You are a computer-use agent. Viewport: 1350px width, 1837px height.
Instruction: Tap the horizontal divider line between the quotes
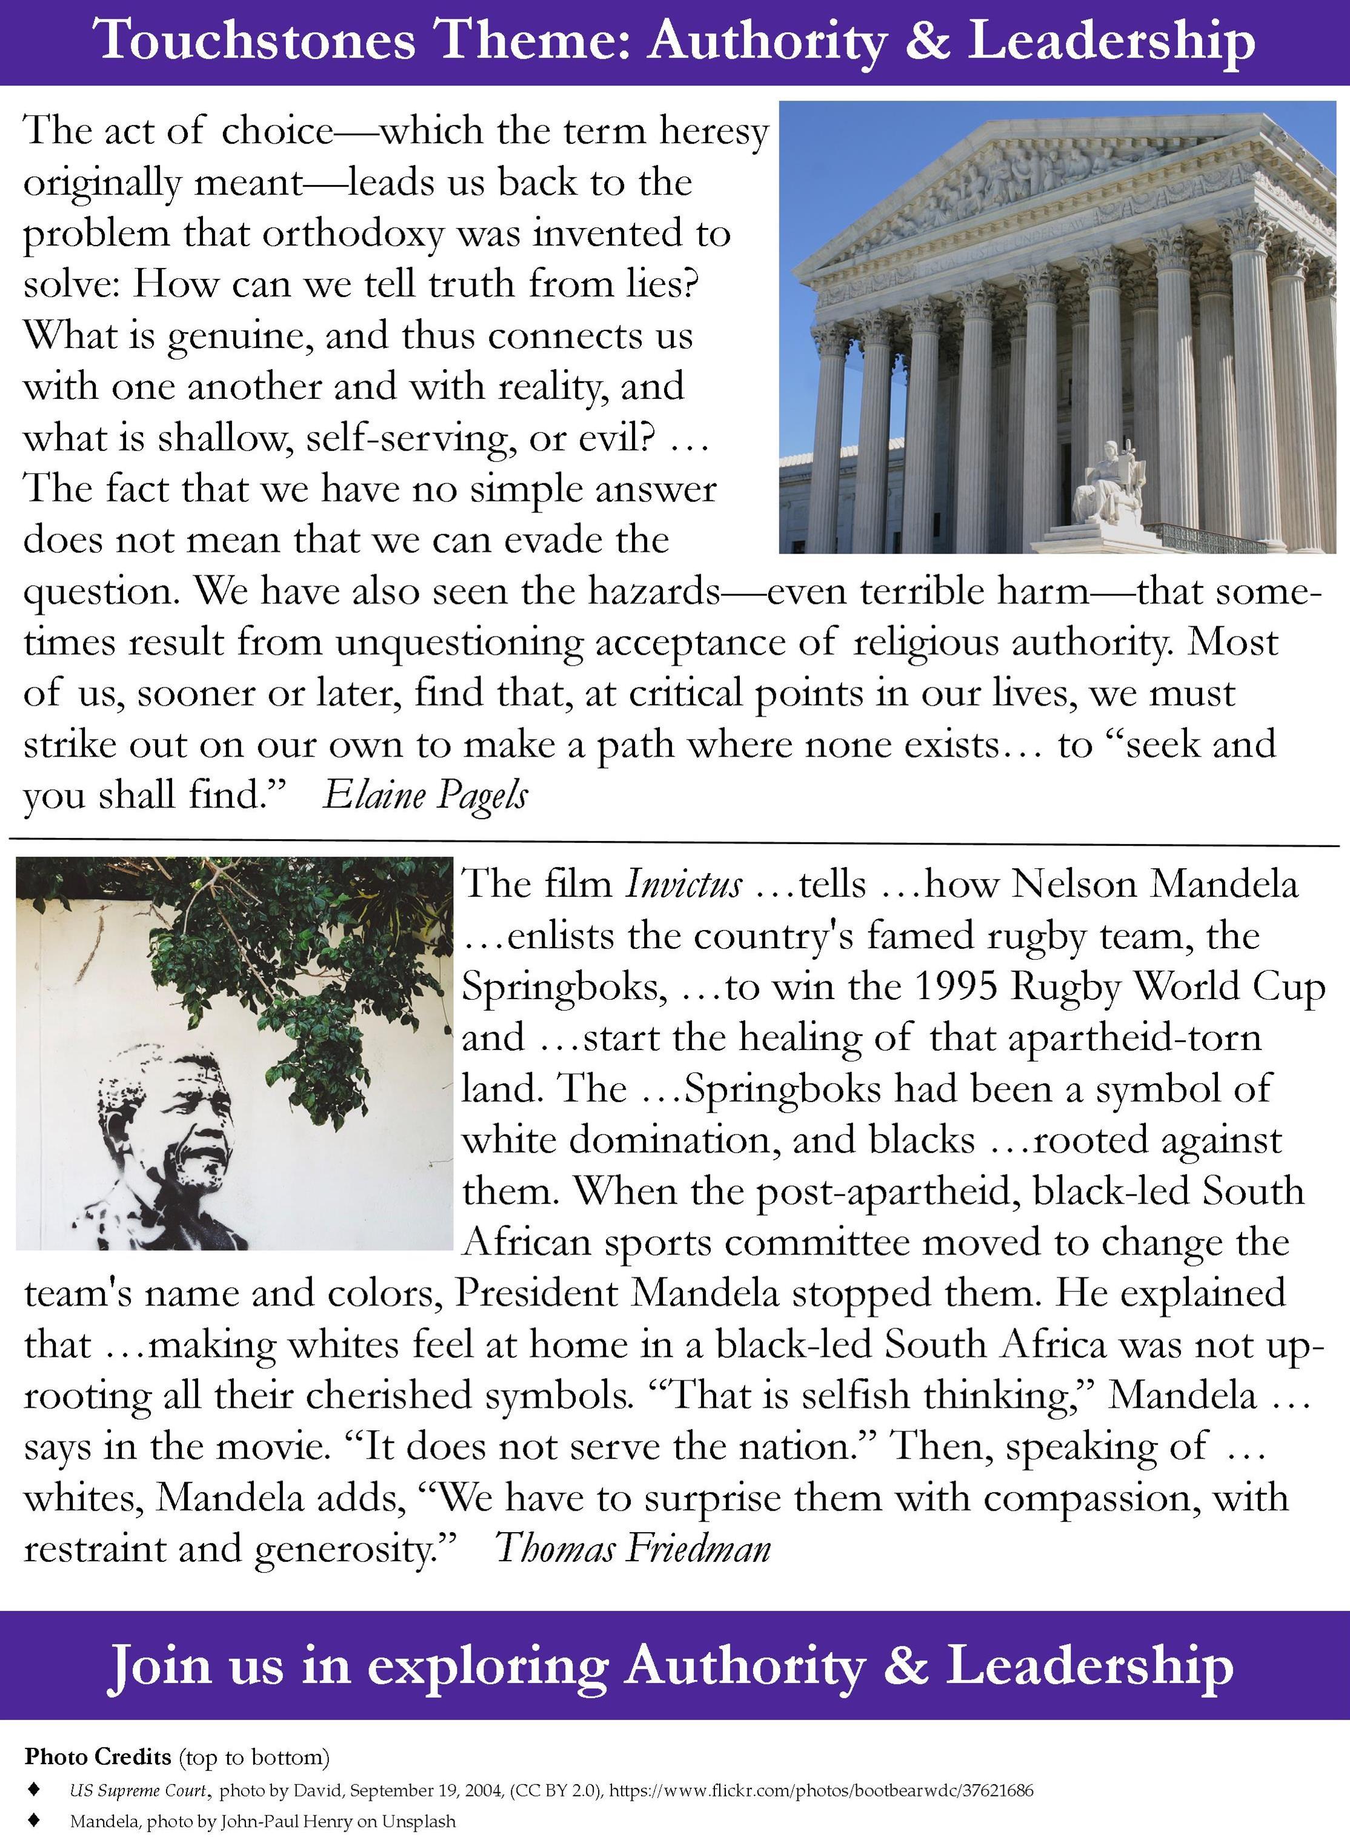point(675,842)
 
